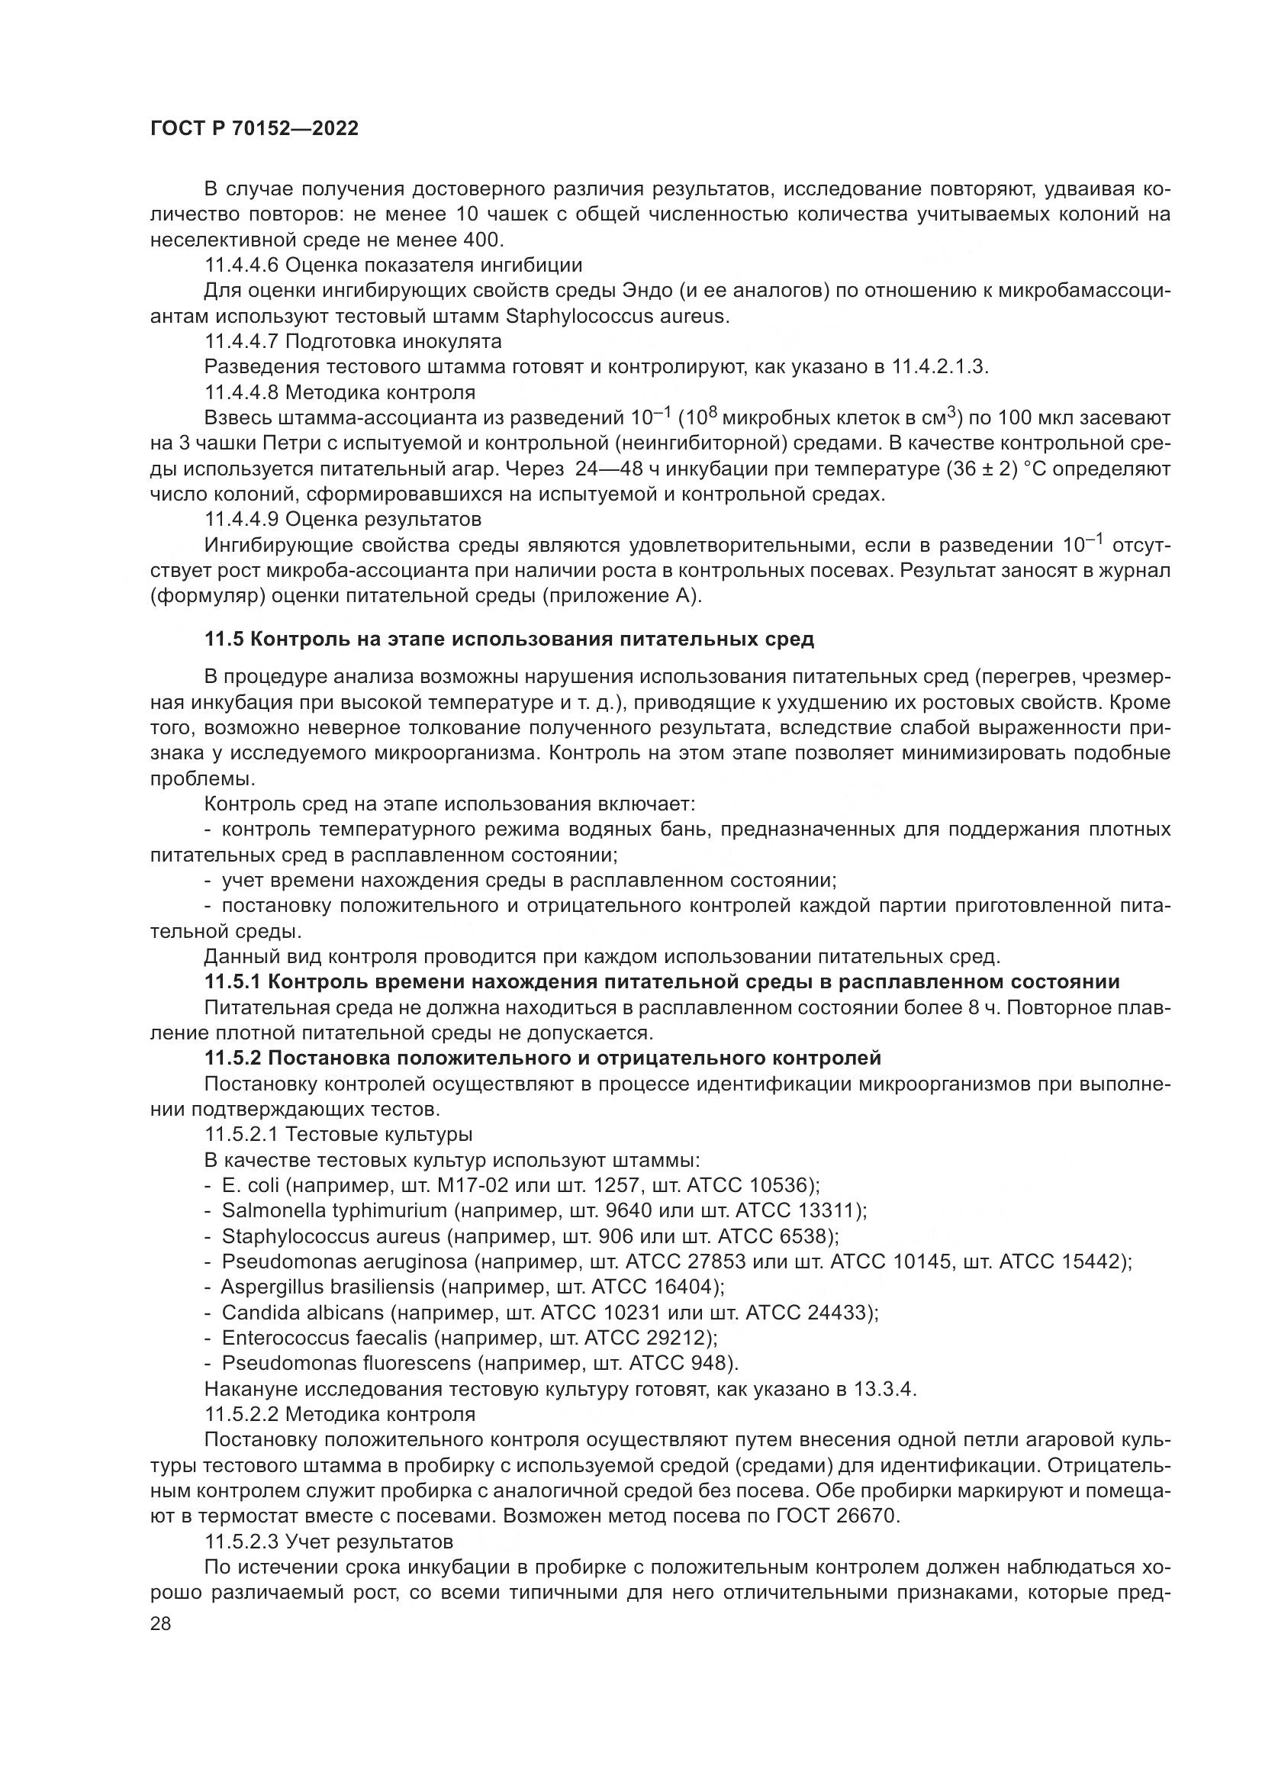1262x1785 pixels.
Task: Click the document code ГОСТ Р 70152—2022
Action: tap(254, 129)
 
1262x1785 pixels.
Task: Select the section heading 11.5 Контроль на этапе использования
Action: tap(509, 640)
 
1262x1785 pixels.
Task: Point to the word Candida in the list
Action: tap(260, 1313)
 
